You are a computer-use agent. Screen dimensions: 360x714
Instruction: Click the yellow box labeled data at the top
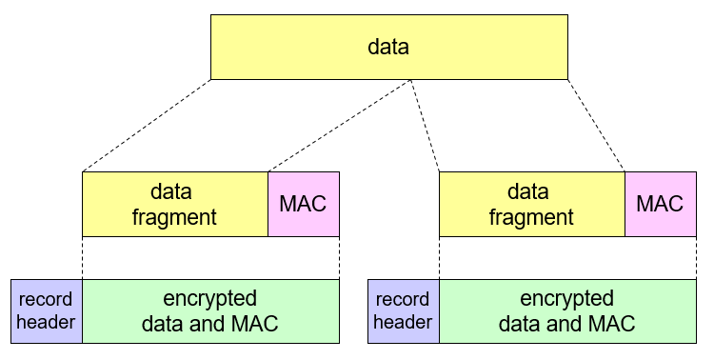[x=388, y=47]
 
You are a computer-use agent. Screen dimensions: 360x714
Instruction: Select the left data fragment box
[x=175, y=204]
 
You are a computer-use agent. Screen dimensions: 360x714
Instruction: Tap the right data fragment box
[x=531, y=204]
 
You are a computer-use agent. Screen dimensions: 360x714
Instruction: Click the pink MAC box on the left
[x=304, y=204]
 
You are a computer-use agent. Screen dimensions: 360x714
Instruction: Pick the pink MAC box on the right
[x=660, y=204]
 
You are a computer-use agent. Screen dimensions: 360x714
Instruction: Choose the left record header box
[x=47, y=310]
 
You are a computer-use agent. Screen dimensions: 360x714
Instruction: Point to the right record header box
[x=403, y=310]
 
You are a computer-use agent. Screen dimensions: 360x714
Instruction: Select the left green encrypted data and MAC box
[x=210, y=310]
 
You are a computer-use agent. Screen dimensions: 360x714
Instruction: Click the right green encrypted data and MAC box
[x=566, y=310]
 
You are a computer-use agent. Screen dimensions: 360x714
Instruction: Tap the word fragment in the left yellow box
[x=175, y=217]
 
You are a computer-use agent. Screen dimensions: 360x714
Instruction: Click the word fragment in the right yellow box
[x=531, y=217]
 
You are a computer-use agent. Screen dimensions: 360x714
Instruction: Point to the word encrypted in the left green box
[x=210, y=298]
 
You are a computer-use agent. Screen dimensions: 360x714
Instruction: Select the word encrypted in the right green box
[x=566, y=298]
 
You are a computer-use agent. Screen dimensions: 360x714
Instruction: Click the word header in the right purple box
[x=403, y=323]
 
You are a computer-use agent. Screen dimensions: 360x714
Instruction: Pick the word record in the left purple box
[x=47, y=299]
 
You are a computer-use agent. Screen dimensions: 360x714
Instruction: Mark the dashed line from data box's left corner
[x=147, y=126]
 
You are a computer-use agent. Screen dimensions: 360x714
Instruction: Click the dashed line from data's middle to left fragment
[x=341, y=126]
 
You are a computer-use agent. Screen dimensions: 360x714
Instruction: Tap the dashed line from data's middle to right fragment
[x=425, y=126]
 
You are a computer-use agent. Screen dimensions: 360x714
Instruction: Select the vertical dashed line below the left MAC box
[x=339, y=258]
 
